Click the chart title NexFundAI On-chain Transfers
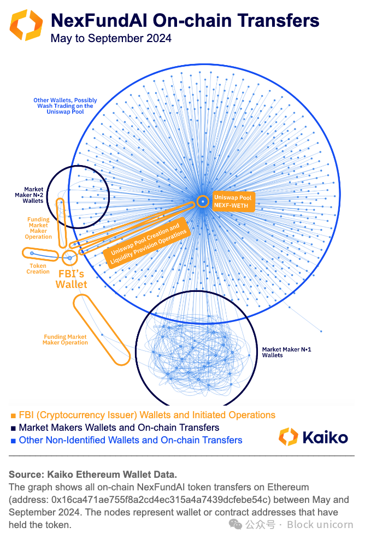click(185, 21)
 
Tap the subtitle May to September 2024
click(111, 38)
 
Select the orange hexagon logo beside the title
click(26, 25)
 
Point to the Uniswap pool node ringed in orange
click(203, 201)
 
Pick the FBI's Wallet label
click(71, 278)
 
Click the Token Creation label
click(38, 268)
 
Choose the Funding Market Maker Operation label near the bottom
click(65, 339)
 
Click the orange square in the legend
click(13, 415)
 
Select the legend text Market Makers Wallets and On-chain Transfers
click(119, 427)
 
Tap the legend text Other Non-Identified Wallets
click(131, 440)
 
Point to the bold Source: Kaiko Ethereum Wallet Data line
click(93, 474)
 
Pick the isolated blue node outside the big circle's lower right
click(321, 331)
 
